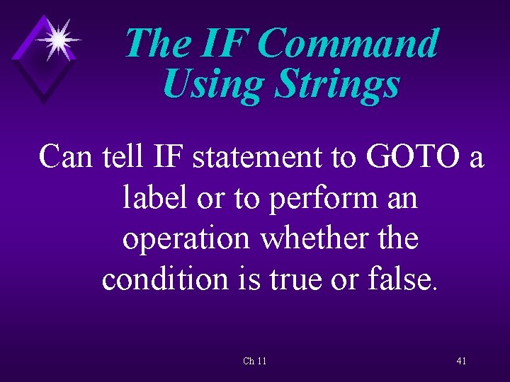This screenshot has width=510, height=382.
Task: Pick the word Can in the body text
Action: (67, 156)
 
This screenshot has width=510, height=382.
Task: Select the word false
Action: (401, 279)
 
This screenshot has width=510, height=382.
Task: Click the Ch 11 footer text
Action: (254, 361)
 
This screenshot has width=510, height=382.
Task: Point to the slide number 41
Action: (461, 361)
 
